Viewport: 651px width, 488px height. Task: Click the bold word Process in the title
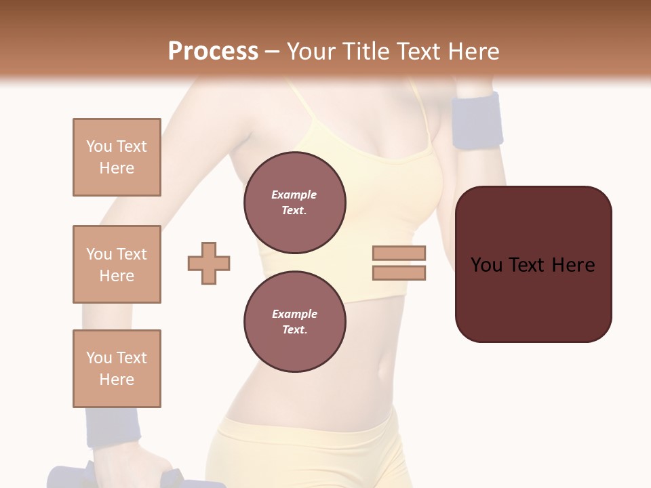point(213,51)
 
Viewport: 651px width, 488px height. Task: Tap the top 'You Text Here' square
point(117,157)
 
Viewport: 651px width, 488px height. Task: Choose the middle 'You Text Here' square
point(117,264)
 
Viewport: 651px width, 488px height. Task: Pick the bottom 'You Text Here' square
point(117,369)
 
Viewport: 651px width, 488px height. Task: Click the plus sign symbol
point(209,263)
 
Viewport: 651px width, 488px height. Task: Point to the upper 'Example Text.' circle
point(295,202)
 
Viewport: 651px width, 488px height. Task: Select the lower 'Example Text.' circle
point(295,321)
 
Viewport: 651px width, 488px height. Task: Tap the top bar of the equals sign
point(399,253)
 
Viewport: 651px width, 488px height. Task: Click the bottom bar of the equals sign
point(399,273)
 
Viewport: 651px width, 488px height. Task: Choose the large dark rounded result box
point(533,264)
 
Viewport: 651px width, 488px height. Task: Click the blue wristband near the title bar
point(477,121)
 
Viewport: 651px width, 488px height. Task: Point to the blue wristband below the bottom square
point(113,427)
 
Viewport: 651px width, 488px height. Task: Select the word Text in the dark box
point(532,265)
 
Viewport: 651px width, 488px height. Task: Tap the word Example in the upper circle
point(294,195)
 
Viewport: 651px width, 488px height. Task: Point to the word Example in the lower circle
point(294,314)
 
